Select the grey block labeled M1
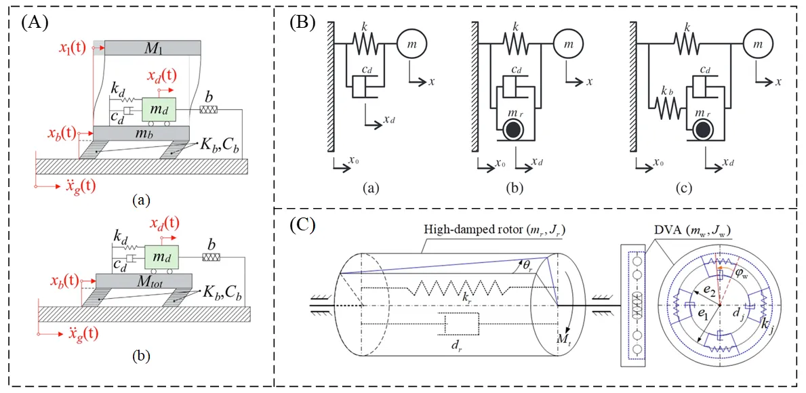153,47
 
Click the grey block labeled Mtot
143,280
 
